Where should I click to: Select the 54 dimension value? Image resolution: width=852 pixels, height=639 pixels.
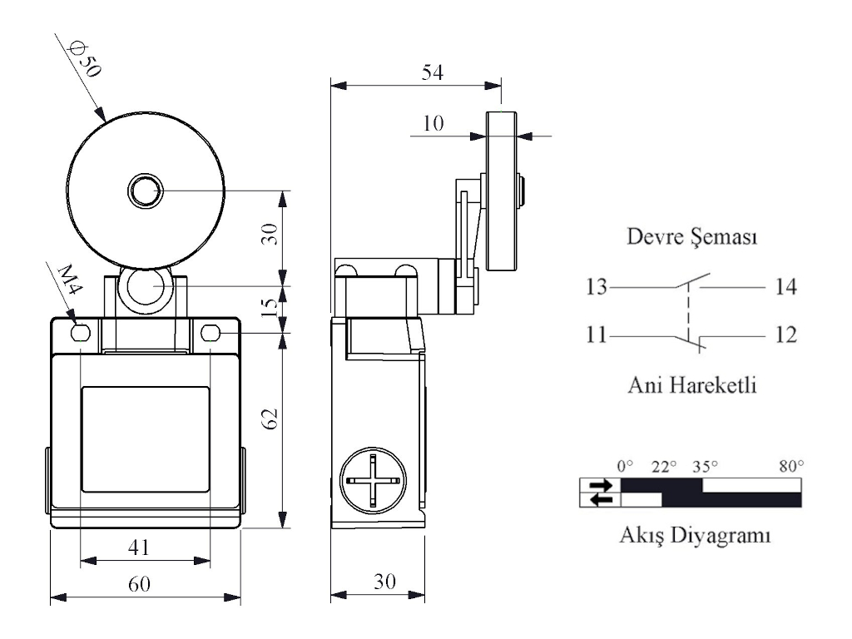[430, 72]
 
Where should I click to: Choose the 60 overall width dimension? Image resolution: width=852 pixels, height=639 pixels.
[139, 585]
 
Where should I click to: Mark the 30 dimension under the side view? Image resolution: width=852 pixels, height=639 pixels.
[384, 583]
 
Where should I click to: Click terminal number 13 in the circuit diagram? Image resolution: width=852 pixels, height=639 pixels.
[597, 288]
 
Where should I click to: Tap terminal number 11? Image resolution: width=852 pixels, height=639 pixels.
[596, 336]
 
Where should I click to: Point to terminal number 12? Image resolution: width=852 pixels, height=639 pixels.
[785, 336]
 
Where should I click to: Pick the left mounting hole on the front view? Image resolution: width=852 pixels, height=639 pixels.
[81, 334]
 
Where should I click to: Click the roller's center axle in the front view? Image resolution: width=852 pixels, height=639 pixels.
[145, 191]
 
